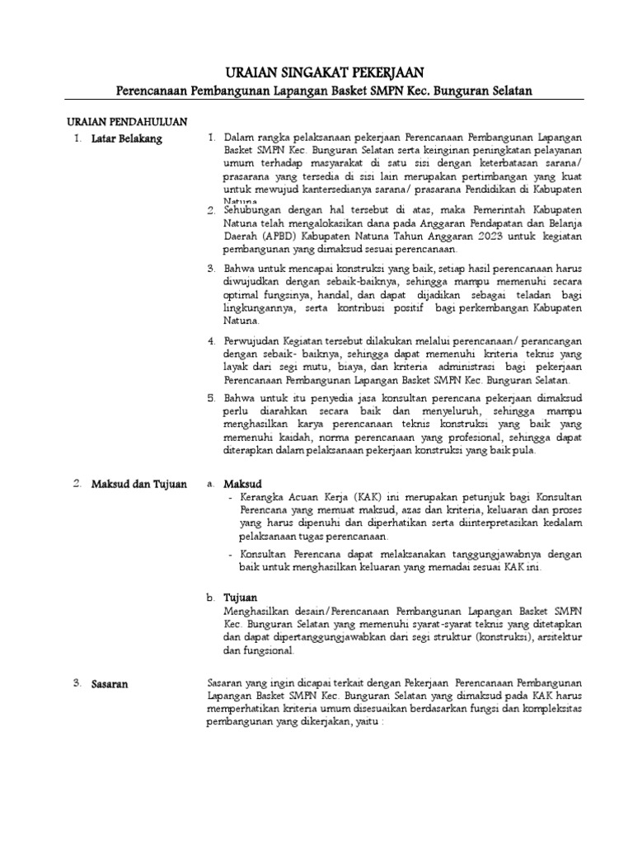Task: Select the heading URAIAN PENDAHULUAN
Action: tap(127, 121)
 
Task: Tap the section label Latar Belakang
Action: tap(127, 138)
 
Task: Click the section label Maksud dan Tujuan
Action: tap(139, 484)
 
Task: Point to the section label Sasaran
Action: tap(110, 683)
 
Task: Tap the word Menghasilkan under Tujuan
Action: tap(257, 612)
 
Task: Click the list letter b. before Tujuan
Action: tap(211, 597)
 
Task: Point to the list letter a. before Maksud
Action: tap(211, 484)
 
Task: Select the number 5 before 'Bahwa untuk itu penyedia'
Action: tap(211, 398)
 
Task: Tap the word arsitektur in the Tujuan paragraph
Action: tap(560, 637)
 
